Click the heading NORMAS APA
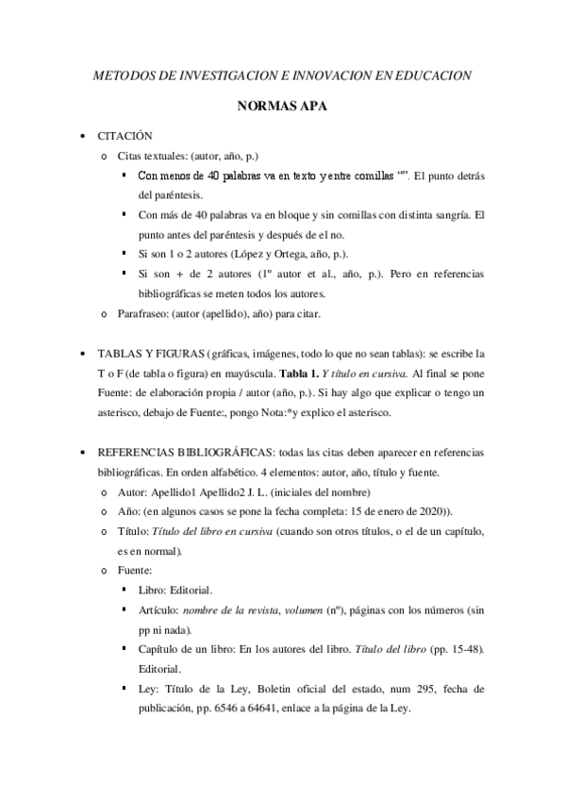282,107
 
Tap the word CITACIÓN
125,136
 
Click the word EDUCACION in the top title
435,75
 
